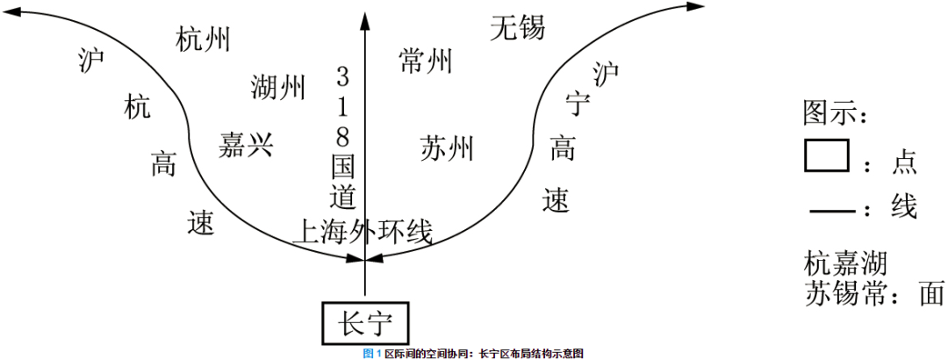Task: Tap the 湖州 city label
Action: coord(278,88)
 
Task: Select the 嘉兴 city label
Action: coord(246,146)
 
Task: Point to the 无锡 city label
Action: coord(518,28)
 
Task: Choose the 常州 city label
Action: coord(426,61)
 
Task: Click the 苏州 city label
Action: coord(447,148)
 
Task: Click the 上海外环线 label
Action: coord(363,232)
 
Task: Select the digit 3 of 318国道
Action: coord(343,77)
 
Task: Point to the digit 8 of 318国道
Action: coord(343,137)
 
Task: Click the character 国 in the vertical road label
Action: coord(343,166)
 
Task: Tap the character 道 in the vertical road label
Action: coord(343,196)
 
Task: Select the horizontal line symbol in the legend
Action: coord(832,211)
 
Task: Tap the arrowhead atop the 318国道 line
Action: coord(364,20)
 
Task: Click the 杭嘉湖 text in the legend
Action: coord(845,265)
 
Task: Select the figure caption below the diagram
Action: coord(473,354)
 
